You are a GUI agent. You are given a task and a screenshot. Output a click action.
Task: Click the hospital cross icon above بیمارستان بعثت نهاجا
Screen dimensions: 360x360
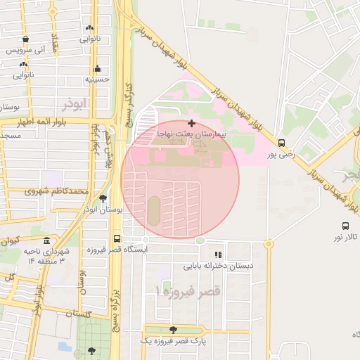[191, 123]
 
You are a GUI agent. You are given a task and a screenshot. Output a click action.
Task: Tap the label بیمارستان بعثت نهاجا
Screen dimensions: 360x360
[191, 133]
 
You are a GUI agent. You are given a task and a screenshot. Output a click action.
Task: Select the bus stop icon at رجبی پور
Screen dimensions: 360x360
[281, 141]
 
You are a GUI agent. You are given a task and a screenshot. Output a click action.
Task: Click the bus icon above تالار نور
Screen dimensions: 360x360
[345, 226]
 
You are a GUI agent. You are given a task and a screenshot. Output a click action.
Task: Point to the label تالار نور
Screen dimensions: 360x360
[345, 237]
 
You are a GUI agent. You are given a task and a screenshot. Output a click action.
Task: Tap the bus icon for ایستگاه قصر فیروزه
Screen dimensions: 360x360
[117, 238]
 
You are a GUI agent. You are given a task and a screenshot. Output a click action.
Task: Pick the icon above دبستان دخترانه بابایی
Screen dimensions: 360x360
[218, 255]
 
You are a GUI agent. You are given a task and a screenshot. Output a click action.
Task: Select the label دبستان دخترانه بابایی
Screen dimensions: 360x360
[218, 266]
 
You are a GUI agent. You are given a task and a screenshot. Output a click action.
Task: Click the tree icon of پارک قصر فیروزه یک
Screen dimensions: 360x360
[173, 329]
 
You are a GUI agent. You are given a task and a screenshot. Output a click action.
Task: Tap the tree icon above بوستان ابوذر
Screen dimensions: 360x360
[103, 199]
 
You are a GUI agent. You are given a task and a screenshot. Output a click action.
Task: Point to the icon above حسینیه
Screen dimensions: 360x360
[97, 69]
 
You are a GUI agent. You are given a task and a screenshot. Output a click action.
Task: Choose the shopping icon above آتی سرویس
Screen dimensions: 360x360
[25, 39]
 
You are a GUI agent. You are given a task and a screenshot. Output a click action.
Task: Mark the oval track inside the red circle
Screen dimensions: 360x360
[154, 208]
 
